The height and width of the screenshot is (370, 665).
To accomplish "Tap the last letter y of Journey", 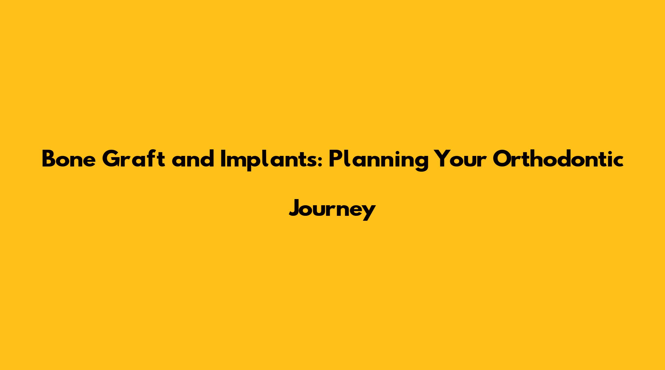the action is [x=368, y=213].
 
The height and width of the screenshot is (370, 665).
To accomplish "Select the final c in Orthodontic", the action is [x=618, y=162].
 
